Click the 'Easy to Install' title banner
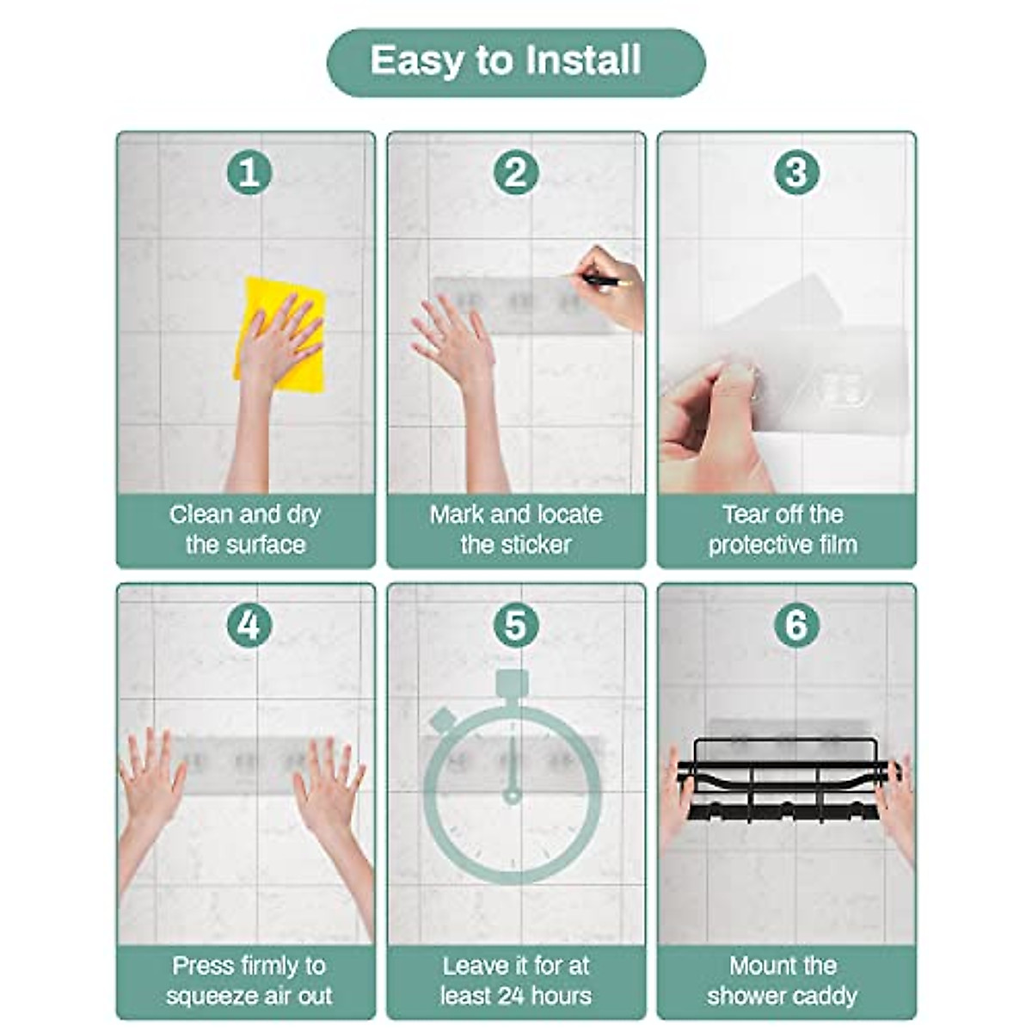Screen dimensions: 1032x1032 pyautogui.click(x=516, y=62)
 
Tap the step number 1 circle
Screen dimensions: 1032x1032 pyautogui.click(x=249, y=173)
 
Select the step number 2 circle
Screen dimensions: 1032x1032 pyautogui.click(x=515, y=173)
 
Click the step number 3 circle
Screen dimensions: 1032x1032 pyautogui.click(x=796, y=173)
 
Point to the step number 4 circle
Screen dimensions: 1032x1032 pyautogui.click(x=249, y=625)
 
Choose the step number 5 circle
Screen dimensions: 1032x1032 pyautogui.click(x=515, y=625)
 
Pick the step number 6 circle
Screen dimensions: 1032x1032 pyautogui.click(x=796, y=625)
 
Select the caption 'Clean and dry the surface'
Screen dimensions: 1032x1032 pyautogui.click(x=246, y=530)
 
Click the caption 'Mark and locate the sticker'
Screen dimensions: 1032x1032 pyautogui.click(x=516, y=530)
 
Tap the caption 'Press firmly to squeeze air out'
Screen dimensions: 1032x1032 pyautogui.click(x=249, y=981)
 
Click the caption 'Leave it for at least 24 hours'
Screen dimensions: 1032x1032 pyautogui.click(x=516, y=981)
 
